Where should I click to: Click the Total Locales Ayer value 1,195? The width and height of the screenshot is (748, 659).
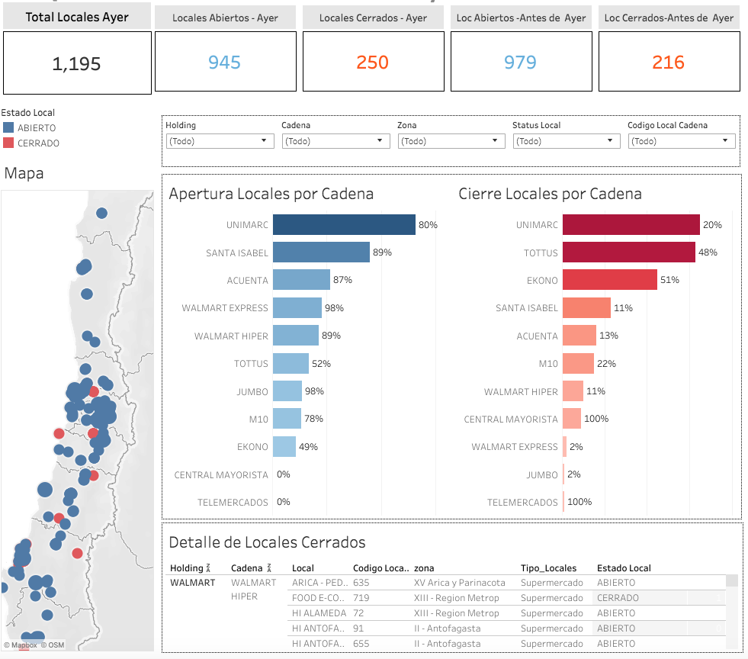coord(76,64)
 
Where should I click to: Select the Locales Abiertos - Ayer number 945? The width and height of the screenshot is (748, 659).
coord(224,63)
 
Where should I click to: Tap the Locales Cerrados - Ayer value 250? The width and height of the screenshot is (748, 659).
coord(372,63)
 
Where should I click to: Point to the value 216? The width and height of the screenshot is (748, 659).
coord(668,63)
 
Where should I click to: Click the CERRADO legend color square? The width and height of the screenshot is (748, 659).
coord(8,143)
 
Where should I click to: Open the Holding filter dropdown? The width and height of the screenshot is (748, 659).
coord(220,141)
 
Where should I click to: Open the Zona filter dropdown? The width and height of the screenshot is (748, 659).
coord(451,141)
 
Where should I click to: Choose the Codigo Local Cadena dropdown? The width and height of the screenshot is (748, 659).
coord(682,141)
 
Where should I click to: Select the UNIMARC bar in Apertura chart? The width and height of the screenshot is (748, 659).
coord(344,225)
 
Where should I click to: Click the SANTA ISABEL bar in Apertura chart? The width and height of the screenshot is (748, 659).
coord(321,252)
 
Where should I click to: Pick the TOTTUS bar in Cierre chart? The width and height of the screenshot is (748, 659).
coord(629,252)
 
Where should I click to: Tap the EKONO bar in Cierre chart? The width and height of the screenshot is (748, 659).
coord(610,280)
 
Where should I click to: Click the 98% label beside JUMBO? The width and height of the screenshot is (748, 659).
coord(314,391)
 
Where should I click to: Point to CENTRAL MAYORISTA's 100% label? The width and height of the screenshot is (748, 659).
coord(596,419)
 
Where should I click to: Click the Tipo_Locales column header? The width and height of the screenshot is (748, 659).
coord(548,568)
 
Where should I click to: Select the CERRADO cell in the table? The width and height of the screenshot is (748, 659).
coord(618,598)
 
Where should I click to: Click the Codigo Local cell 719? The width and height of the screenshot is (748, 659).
coord(361,598)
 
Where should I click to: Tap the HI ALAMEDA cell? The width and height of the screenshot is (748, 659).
coord(319,613)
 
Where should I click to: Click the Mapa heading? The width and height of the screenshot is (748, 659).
coord(24,174)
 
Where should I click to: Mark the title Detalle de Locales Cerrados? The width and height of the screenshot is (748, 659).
coord(267,542)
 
